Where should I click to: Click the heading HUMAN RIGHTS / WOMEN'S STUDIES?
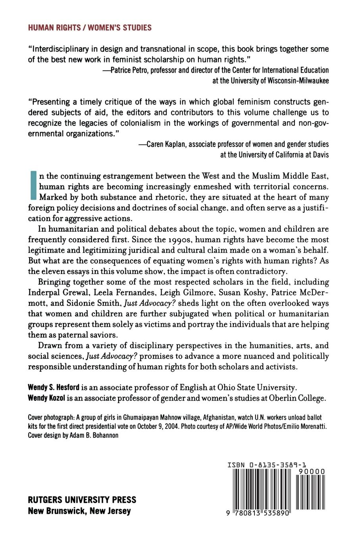click(90, 28)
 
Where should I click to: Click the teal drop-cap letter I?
click(33, 185)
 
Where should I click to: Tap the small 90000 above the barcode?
click(311, 472)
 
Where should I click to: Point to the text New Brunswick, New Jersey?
click(79, 511)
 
